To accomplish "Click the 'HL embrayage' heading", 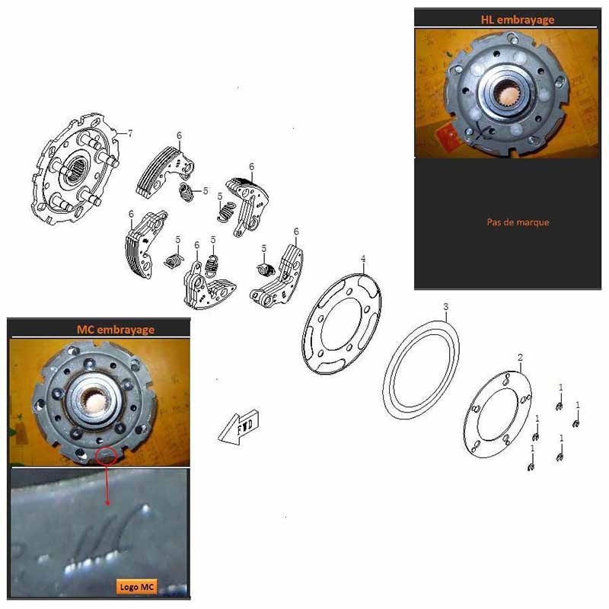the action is [x=518, y=20].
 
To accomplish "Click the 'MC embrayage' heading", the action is [x=116, y=330].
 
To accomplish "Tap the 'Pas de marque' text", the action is [x=518, y=222].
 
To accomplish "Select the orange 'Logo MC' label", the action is [x=136, y=586].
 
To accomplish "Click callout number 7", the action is [x=130, y=133].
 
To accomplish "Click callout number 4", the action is [x=363, y=259].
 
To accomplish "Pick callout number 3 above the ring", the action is [x=446, y=307].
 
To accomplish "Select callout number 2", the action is [x=521, y=357].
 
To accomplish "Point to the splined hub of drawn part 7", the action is [x=75, y=170].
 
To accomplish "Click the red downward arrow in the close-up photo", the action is [x=107, y=484].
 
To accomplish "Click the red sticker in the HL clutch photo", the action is [x=449, y=136].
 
